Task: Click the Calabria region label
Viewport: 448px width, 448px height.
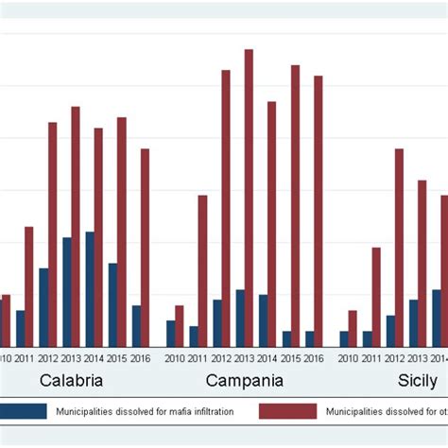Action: [71, 381]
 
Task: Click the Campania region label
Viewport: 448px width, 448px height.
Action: [244, 381]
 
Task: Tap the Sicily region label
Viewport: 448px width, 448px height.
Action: [416, 381]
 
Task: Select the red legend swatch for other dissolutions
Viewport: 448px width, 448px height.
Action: [287, 411]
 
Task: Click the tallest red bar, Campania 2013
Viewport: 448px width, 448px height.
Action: [249, 198]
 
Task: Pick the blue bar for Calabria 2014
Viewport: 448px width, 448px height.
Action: [90, 288]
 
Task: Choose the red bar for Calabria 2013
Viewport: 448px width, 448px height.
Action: [76, 226]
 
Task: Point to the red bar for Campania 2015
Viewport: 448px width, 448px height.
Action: [295, 205]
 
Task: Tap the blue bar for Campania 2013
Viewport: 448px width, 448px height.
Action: [240, 318]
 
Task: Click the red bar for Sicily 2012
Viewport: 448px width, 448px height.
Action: [399, 247]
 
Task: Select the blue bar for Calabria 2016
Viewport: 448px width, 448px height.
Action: [136, 325]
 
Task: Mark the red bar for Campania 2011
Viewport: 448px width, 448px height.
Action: [202, 270]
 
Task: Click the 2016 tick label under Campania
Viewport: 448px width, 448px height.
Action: [313, 358]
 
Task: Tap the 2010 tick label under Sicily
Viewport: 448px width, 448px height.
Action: [348, 358]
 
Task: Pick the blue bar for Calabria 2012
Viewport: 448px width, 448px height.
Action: [43, 307]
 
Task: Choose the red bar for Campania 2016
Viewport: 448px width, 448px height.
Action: [319, 211]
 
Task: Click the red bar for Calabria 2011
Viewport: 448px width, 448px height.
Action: [29, 286]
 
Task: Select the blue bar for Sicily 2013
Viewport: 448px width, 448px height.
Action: [413, 322]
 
